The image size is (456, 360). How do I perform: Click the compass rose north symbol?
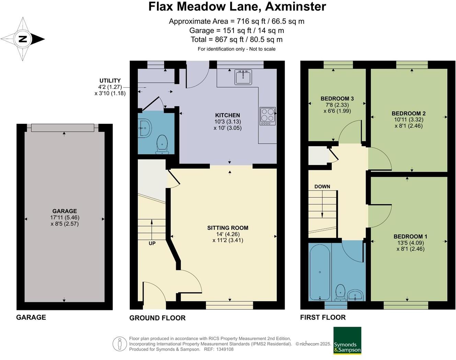(x=23, y=39)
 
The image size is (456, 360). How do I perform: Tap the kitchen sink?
(x=243, y=77)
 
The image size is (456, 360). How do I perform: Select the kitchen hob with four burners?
(x=267, y=116)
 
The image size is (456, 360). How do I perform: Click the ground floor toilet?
(x=162, y=144)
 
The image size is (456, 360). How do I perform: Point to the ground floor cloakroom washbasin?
(x=145, y=128)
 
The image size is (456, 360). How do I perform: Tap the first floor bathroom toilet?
(x=340, y=292)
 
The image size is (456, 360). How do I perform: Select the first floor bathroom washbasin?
(x=355, y=295)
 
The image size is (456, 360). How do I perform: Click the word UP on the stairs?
(x=152, y=243)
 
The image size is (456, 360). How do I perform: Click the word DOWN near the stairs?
(x=322, y=187)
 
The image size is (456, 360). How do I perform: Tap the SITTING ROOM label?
(x=228, y=228)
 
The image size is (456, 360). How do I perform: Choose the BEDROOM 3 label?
(x=337, y=99)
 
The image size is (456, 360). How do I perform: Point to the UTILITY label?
(x=110, y=81)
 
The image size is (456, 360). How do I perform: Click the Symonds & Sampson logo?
(x=347, y=340)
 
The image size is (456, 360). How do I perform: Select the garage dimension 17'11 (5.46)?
(x=65, y=218)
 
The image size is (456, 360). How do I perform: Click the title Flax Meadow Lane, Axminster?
(x=237, y=7)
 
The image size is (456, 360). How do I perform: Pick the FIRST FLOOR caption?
(x=323, y=317)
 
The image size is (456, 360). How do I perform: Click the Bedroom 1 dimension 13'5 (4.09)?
(x=410, y=243)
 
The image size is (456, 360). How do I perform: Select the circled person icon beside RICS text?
(x=119, y=344)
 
